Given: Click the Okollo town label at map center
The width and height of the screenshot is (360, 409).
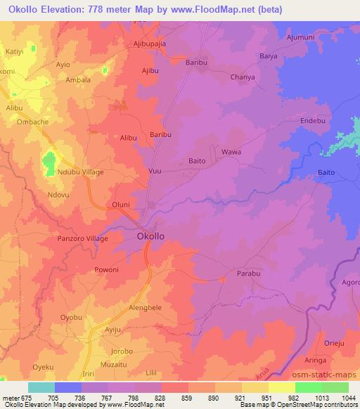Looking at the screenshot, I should (x=150, y=237).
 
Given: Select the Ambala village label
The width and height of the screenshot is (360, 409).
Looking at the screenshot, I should (x=79, y=80).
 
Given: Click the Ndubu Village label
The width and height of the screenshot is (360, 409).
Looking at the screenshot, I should (x=81, y=172).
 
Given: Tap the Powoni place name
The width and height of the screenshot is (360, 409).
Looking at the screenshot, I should (x=108, y=269).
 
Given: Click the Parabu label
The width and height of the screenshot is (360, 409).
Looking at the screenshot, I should (x=249, y=273).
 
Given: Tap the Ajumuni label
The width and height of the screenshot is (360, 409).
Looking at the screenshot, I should (x=303, y=35).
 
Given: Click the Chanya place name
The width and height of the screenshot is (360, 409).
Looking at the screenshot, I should (x=243, y=77).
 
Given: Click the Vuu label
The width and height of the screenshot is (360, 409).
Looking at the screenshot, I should (x=155, y=171).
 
